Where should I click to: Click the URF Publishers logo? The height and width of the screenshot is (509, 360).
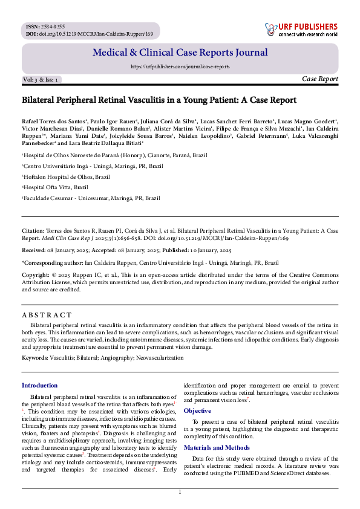coord(301,29)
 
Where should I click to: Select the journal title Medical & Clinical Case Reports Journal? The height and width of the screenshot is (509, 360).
coord(180,53)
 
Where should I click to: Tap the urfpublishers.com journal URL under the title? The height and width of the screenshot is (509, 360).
coord(180,66)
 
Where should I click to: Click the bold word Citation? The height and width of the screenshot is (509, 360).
coord(33,230)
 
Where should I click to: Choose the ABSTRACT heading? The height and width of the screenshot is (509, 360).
coord(47,315)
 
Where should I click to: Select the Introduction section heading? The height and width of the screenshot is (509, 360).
coord(40,385)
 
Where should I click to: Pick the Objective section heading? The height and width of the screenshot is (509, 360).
coord(197,410)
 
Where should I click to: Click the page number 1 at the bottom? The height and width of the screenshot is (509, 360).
coord(180,493)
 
